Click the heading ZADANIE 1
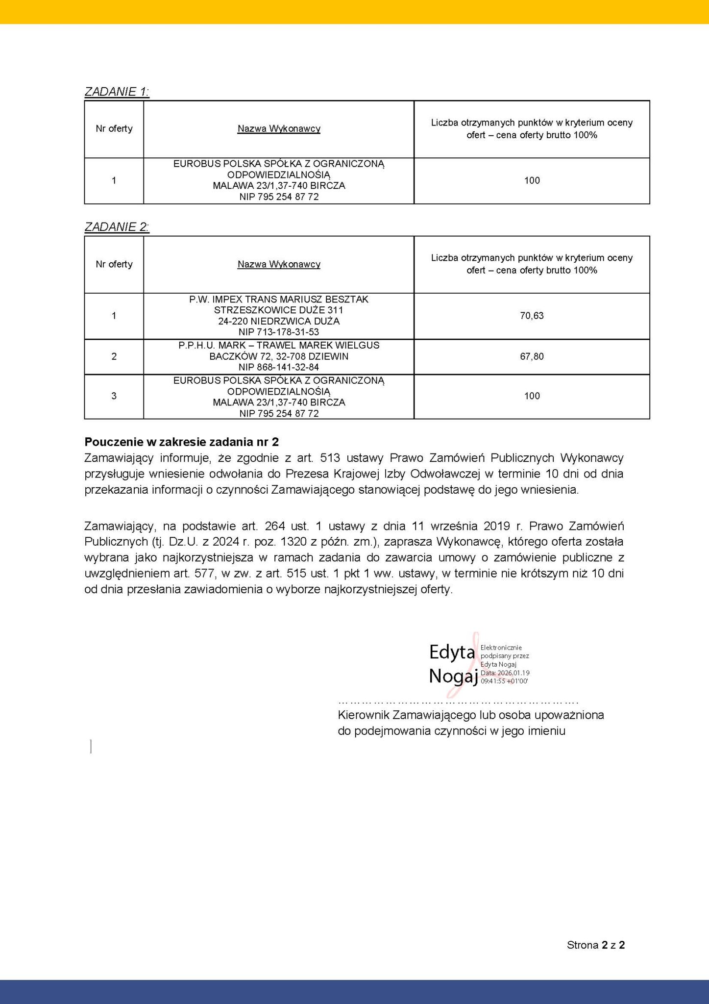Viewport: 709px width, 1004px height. [117, 92]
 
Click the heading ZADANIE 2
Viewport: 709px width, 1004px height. [117, 227]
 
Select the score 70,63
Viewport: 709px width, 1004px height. [532, 316]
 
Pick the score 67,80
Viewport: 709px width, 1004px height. [532, 356]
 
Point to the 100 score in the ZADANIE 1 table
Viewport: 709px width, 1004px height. [532, 180]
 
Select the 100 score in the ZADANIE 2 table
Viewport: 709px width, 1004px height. [532, 396]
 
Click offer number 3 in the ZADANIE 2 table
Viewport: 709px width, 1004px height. [114, 396]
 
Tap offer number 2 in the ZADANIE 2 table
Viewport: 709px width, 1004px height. [114, 356]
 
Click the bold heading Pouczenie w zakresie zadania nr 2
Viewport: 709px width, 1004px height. [182, 442]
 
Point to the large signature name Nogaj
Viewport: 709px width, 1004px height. [453, 677]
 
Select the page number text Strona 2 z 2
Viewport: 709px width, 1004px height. [595, 945]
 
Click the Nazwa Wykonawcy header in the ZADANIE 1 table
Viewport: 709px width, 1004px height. [279, 129]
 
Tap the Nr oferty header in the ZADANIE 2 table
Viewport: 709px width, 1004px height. [114, 264]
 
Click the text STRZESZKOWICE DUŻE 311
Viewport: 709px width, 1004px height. [279, 310]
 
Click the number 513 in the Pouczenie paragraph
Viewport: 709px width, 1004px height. [330, 458]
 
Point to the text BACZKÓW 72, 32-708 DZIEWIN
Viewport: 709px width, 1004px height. [279, 356]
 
